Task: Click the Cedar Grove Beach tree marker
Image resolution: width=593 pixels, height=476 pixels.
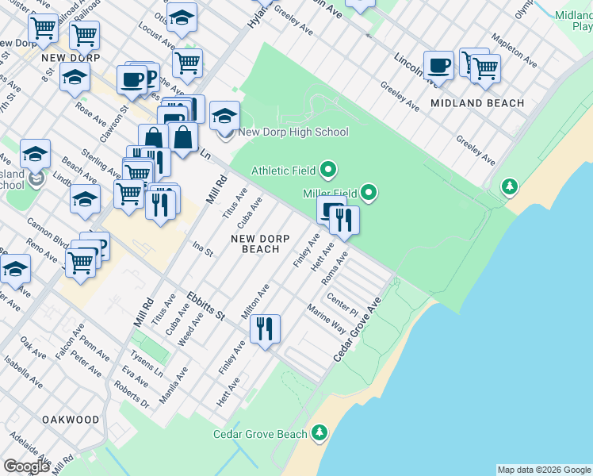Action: [x=319, y=432]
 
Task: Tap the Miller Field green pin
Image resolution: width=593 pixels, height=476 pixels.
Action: [x=369, y=192]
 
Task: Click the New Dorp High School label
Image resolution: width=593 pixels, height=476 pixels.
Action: [x=293, y=132]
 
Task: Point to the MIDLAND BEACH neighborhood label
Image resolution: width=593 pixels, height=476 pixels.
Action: [x=477, y=103]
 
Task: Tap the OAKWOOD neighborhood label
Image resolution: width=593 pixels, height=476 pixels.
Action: [x=71, y=419]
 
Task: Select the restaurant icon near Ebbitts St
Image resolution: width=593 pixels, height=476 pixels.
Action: [x=265, y=328]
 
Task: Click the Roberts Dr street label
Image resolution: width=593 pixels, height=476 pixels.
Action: [x=132, y=396]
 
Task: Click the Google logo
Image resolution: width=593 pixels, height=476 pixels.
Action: [x=26, y=466]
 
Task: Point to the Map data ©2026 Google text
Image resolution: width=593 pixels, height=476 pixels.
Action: [x=543, y=470]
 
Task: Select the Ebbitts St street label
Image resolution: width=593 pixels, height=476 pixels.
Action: [x=206, y=305]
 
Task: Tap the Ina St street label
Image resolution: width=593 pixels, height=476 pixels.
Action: [x=203, y=250]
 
